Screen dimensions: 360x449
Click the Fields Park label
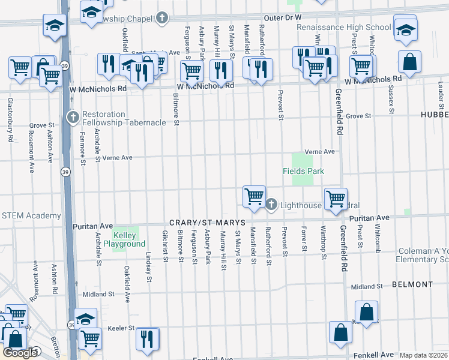pos(303,172)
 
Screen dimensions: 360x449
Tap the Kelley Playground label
pos(124,239)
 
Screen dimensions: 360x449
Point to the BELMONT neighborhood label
pos(412,284)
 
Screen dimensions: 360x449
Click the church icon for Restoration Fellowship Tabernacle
pos(73,115)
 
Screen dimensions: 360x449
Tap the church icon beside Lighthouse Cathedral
pos(271,205)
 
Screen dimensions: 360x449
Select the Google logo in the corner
pos(20,353)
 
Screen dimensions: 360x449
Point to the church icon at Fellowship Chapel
pos(161,17)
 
